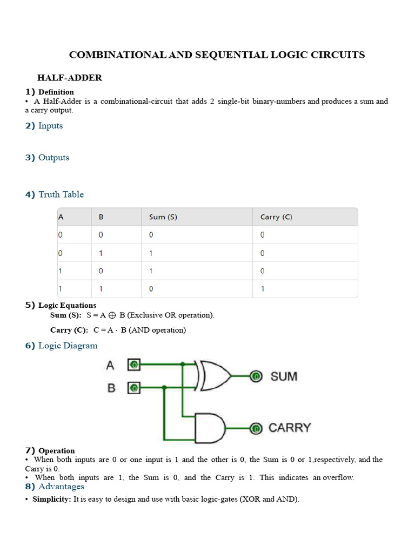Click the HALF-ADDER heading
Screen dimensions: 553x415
[69, 78]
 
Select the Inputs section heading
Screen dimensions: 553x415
[50, 126]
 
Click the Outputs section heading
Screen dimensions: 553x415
[53, 158]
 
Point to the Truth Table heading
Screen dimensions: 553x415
[61, 194]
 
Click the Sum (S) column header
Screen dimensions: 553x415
[163, 217]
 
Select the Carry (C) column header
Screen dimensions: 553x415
[276, 217]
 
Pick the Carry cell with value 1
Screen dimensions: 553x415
[263, 289]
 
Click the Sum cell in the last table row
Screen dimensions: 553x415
[151, 289]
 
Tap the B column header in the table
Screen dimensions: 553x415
[101, 217]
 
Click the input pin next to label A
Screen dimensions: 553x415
[133, 365]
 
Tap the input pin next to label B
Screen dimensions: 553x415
[133, 387]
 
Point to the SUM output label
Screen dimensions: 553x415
[284, 376]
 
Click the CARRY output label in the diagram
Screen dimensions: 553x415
[290, 428]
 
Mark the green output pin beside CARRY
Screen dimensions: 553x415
[256, 429]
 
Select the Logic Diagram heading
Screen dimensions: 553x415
[68, 346]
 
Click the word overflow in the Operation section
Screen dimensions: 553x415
[338, 478]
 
